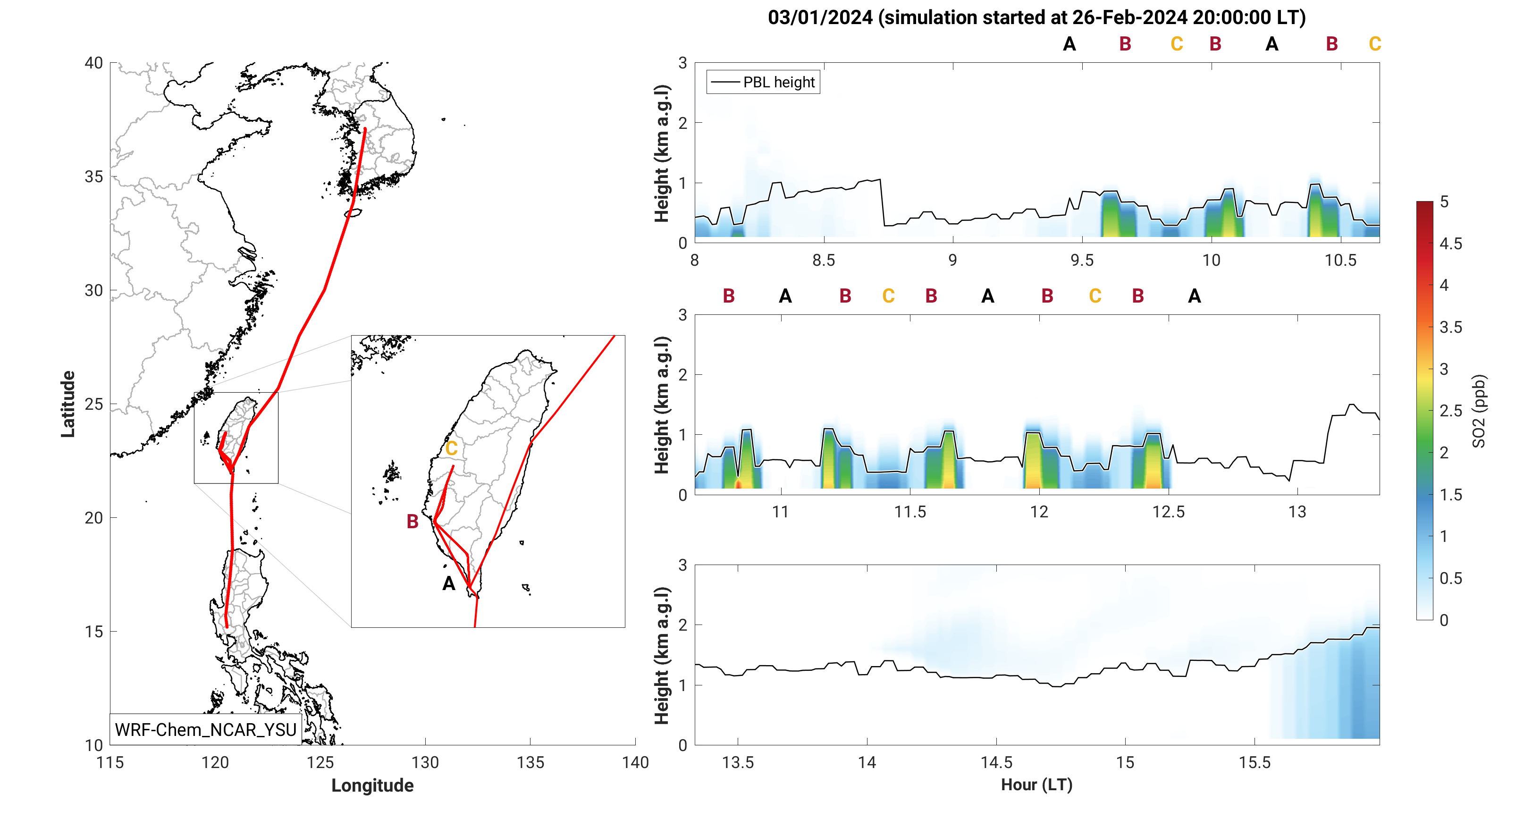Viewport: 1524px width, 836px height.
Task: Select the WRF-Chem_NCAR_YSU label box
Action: pyautogui.click(x=205, y=729)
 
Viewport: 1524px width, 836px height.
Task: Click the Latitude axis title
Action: pyautogui.click(x=68, y=404)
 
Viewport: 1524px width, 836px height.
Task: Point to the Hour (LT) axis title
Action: pyautogui.click(x=1036, y=785)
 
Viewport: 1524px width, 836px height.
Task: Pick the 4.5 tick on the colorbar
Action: pyautogui.click(x=1451, y=244)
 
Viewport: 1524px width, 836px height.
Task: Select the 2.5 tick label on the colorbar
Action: pyautogui.click(x=1451, y=411)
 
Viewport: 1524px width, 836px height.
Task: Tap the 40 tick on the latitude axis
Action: pyautogui.click(x=93, y=63)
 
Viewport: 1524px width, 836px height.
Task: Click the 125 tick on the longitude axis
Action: pyautogui.click(x=320, y=763)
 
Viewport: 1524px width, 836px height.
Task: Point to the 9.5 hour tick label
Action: pyautogui.click(x=1082, y=260)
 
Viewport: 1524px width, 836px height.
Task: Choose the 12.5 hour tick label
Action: pyautogui.click(x=1169, y=512)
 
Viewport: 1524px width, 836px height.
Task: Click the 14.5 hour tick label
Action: pyautogui.click(x=996, y=763)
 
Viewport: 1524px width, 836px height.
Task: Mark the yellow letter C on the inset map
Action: pyautogui.click(x=451, y=448)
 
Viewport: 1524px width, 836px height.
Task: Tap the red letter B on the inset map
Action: pyautogui.click(x=413, y=521)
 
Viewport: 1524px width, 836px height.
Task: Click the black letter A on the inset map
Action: pyautogui.click(x=449, y=584)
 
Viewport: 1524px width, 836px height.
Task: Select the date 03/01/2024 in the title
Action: pyautogui.click(x=820, y=18)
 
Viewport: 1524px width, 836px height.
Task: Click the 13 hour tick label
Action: pyautogui.click(x=1297, y=512)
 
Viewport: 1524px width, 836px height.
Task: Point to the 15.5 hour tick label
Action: pyautogui.click(x=1255, y=763)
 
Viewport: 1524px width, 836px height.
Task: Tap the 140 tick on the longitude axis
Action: pyautogui.click(x=635, y=763)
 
